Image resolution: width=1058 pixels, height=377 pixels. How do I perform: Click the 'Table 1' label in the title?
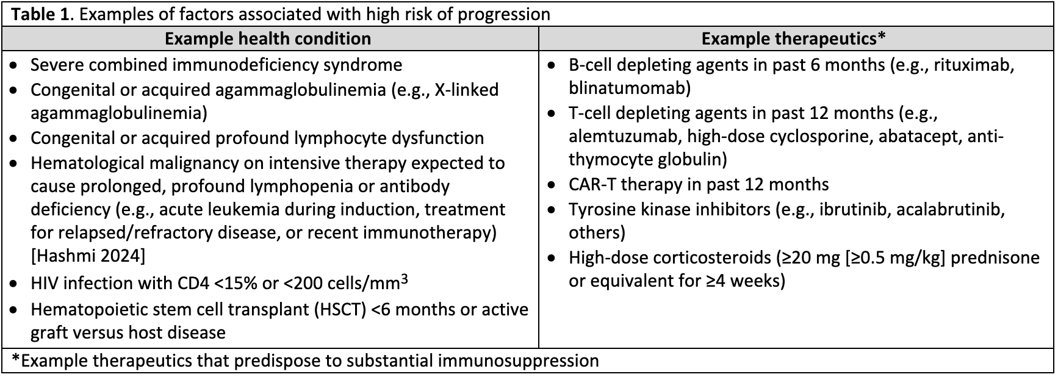pos(40,14)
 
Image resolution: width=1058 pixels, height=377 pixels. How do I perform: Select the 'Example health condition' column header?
pos(268,39)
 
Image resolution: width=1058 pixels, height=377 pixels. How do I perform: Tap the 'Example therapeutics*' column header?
pos(793,39)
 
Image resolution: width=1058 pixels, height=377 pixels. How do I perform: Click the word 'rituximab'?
pos(973,65)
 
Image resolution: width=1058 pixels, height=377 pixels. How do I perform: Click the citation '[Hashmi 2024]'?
pos(88,256)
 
